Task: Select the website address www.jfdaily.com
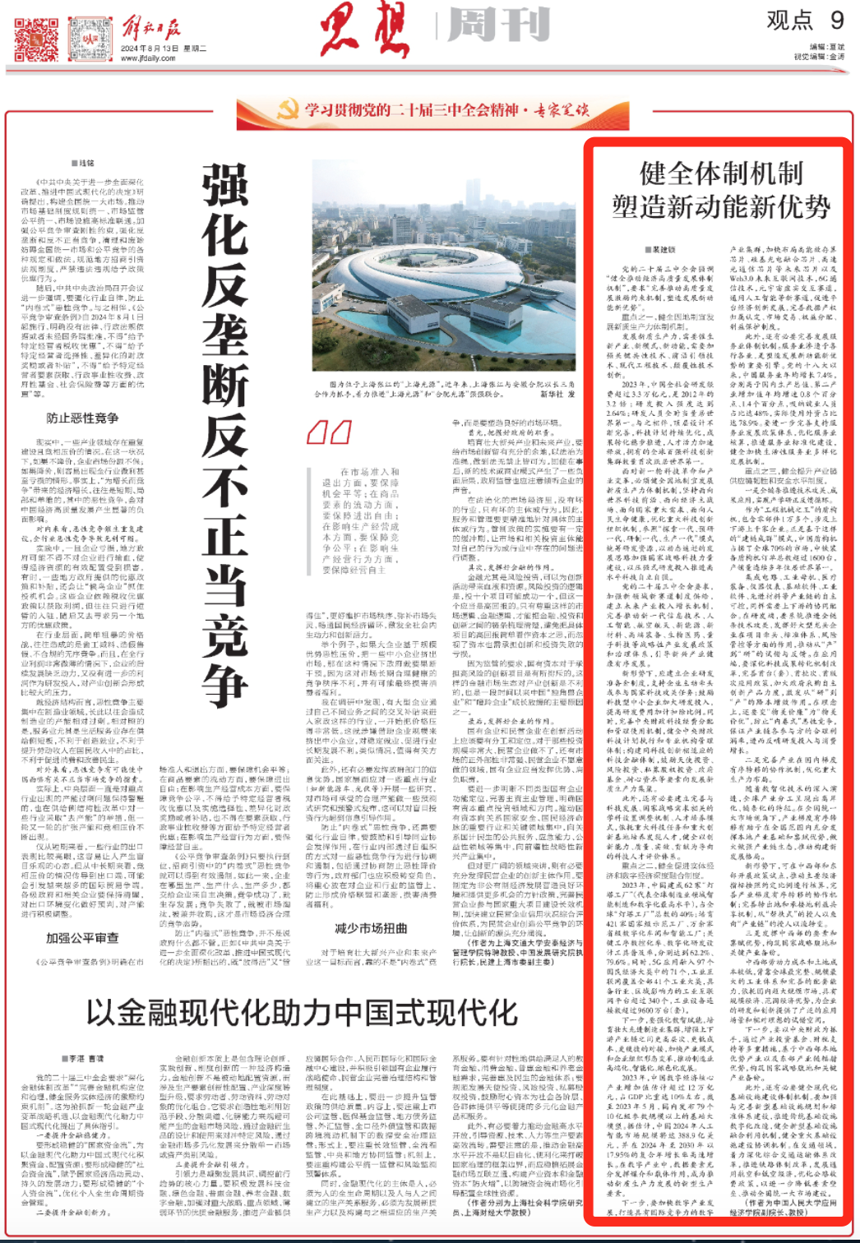[147, 58]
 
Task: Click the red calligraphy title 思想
[364, 30]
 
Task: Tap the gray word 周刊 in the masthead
[498, 26]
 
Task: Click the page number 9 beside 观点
[837, 20]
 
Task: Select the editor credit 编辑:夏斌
[826, 48]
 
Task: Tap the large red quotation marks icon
[329, 432]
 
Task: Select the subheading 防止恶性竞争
[82, 418]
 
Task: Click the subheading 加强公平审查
[82, 938]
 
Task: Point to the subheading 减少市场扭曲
[371, 928]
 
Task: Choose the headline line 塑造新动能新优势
[721, 207]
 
